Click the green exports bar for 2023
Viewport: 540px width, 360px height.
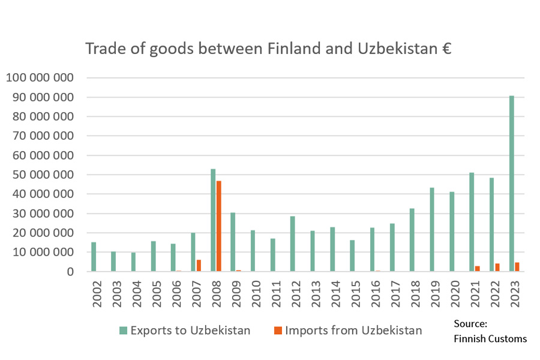coord(511,184)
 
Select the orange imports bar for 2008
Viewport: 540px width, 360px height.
coord(218,226)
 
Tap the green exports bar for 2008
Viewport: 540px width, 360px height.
coord(213,220)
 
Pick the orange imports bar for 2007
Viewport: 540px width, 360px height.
coord(199,266)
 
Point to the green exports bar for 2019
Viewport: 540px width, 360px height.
coord(432,229)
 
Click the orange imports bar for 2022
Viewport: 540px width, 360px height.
coord(497,268)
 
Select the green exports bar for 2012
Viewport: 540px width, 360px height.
coord(293,244)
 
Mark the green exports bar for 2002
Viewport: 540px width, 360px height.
coord(94,257)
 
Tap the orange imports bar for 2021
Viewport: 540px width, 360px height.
coord(478,269)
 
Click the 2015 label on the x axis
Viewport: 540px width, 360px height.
coord(355,294)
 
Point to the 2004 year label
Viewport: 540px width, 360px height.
coord(137,294)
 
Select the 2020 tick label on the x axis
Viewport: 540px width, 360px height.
coord(455,294)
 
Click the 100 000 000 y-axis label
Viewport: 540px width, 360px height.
coord(40,77)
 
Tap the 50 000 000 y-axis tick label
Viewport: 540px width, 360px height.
coord(43,175)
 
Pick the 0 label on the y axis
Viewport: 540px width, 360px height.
coord(70,272)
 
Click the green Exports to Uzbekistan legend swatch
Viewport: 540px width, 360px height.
coord(123,331)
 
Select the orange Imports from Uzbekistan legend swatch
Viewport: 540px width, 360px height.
coord(278,331)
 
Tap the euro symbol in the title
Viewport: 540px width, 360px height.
coord(446,49)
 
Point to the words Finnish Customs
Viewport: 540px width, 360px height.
coord(490,339)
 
